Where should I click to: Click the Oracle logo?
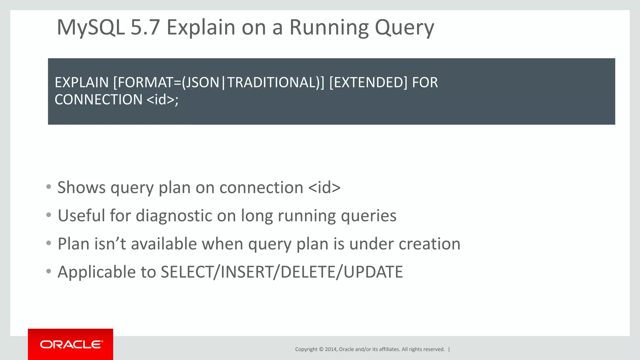(x=71, y=344)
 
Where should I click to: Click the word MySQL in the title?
(x=91, y=27)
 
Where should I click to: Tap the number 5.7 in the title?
(x=145, y=27)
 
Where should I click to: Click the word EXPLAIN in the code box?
(x=82, y=82)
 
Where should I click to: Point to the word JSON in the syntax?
(x=202, y=82)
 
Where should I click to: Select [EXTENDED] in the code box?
(x=368, y=82)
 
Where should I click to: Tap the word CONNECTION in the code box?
(x=98, y=100)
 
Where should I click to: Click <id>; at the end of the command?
(x=162, y=100)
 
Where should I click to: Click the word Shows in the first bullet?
(x=82, y=187)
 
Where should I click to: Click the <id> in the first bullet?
(x=324, y=187)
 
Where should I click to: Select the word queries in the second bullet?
(x=368, y=216)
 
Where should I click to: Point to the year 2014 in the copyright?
(x=331, y=349)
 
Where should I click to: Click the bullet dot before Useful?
(x=48, y=215)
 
